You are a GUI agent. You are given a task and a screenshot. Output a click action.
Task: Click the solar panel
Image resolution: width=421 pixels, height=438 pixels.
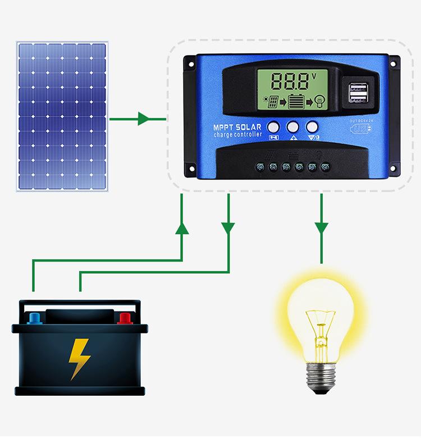coord(62,115)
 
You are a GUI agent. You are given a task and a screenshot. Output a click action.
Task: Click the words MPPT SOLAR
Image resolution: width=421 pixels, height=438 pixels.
coord(237,128)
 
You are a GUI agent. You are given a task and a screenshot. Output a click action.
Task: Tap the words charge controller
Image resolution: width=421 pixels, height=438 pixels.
coord(237,136)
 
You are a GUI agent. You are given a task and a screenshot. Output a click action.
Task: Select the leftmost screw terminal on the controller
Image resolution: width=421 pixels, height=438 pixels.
coord(260,167)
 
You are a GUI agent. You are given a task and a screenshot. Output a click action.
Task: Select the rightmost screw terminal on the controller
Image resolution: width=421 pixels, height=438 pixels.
coord(325,167)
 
